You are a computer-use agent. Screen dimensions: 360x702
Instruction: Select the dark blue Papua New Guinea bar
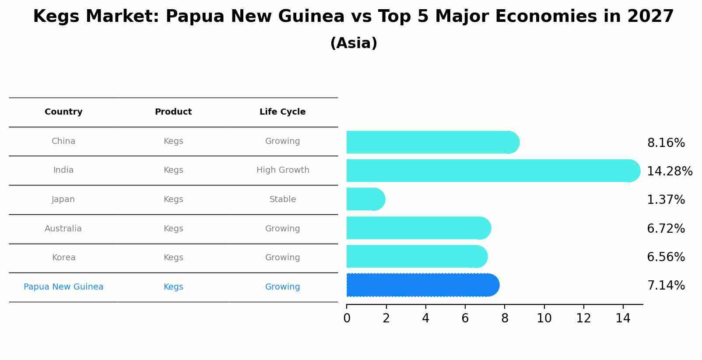coord(422,285)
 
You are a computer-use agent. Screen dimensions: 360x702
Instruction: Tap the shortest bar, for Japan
coord(365,199)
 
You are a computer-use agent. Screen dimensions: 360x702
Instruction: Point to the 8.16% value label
coord(666,143)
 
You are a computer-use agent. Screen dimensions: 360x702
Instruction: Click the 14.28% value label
coord(670,171)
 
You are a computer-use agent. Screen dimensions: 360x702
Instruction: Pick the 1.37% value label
coord(666,200)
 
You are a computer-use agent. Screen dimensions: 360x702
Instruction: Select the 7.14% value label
coord(666,286)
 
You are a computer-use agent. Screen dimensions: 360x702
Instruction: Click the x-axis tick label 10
coord(544,318)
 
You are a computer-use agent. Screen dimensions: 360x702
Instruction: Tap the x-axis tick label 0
coord(347,318)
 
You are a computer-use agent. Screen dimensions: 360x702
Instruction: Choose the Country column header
coord(63,112)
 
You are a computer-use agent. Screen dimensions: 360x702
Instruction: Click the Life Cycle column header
coord(282,112)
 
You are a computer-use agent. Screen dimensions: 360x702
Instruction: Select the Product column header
coord(173,112)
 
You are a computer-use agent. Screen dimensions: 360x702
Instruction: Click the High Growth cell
coord(283,170)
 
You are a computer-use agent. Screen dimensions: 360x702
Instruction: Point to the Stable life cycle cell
coord(283,199)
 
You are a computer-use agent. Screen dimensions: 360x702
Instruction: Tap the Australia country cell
coord(63,229)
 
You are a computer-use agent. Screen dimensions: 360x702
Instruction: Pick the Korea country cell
coord(63,258)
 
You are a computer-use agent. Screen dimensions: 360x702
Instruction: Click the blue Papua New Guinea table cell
coord(63,287)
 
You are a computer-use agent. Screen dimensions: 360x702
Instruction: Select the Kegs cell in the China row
coord(173,141)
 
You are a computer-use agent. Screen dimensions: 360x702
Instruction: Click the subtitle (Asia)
coord(354,43)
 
